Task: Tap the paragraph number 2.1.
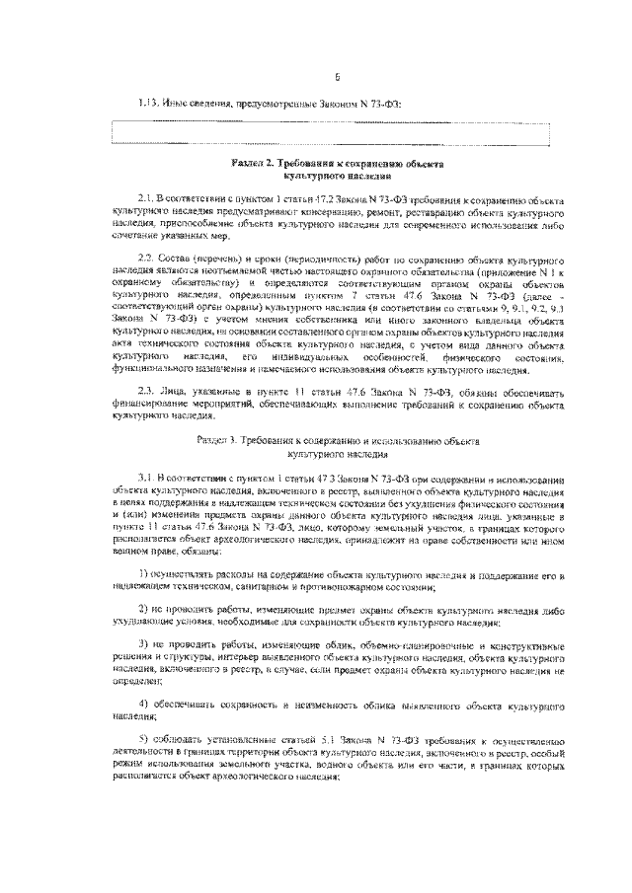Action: coord(150,198)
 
